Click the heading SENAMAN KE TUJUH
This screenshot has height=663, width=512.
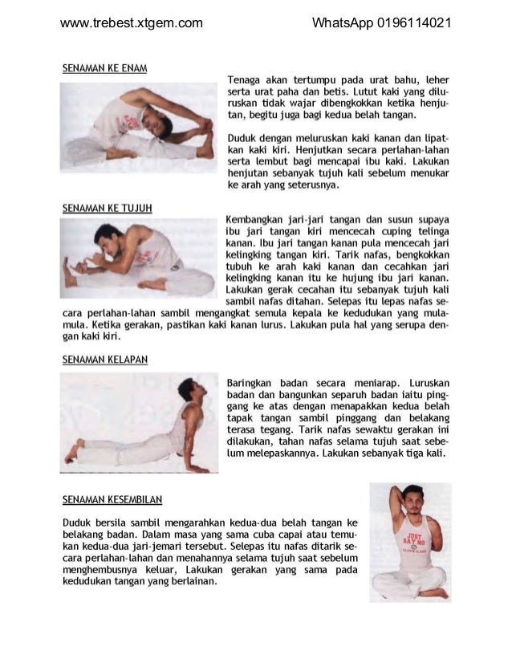[x=107, y=208]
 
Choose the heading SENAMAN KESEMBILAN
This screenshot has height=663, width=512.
[x=112, y=499]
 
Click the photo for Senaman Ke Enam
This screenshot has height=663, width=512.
[x=138, y=125]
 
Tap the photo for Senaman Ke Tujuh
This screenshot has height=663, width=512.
[x=138, y=258]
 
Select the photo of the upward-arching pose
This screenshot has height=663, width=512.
[x=138, y=422]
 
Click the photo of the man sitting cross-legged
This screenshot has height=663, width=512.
[x=410, y=543]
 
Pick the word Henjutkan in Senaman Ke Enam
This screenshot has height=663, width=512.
[x=327, y=149]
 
